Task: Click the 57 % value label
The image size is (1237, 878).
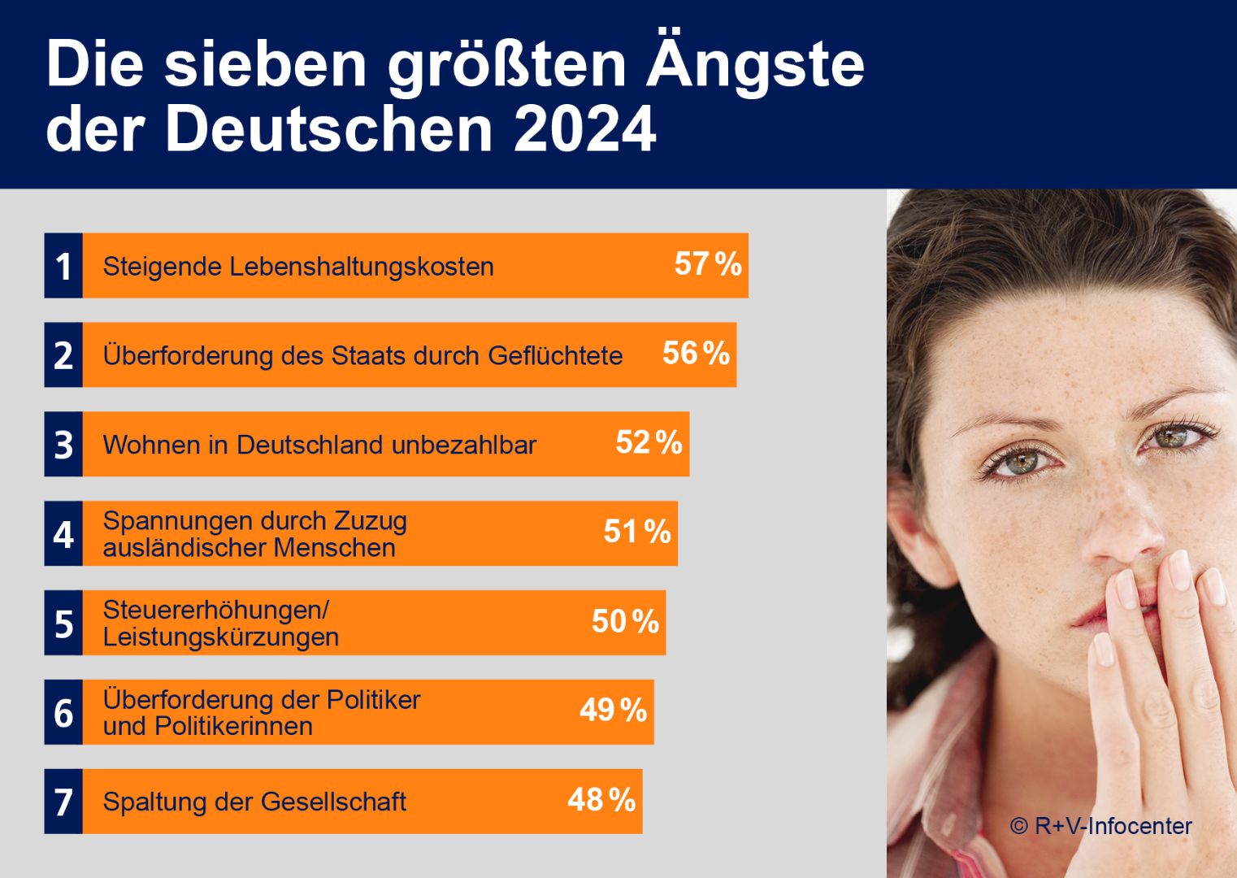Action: [x=708, y=264]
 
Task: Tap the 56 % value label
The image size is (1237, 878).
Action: [x=696, y=354]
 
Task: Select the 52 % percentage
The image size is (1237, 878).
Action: [x=649, y=443]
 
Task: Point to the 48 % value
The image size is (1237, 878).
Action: [x=601, y=800]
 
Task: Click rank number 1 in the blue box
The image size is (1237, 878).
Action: [x=63, y=267]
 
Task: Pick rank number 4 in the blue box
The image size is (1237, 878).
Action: [x=63, y=534]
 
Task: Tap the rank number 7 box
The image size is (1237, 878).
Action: [x=63, y=802]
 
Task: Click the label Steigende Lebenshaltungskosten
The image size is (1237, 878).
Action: [x=298, y=267]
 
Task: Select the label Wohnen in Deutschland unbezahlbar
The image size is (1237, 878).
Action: [x=319, y=445]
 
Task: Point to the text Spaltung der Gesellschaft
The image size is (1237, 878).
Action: [x=254, y=802]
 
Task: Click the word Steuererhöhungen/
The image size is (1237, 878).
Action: [x=215, y=610]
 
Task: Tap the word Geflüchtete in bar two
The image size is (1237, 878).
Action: [x=555, y=356]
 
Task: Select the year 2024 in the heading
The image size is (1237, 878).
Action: [x=585, y=128]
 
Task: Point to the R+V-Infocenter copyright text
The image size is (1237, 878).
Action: [x=1101, y=826]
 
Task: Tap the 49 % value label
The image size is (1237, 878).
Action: [x=614, y=711]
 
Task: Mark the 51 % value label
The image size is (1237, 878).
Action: [x=637, y=532]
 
